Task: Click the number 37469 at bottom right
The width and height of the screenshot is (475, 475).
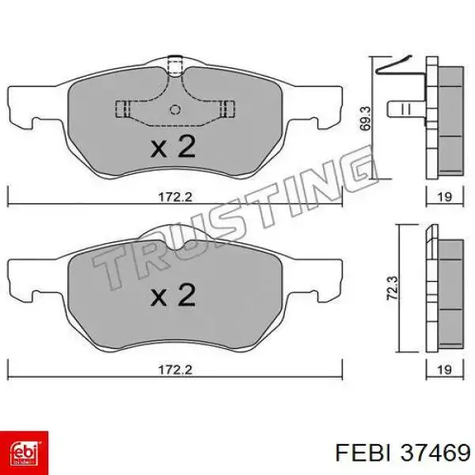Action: [x=435, y=453]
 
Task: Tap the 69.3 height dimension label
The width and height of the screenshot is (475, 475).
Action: [x=365, y=118]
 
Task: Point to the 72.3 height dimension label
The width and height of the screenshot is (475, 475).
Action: [x=393, y=288]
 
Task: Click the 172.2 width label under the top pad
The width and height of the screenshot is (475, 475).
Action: [x=176, y=197]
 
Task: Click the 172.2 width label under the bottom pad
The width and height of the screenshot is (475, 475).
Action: [x=176, y=370]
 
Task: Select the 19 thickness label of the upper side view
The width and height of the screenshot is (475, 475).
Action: [x=444, y=197]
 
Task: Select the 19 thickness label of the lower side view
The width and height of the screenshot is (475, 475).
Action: [x=444, y=370]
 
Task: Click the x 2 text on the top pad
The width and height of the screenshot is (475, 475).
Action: [x=173, y=146]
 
